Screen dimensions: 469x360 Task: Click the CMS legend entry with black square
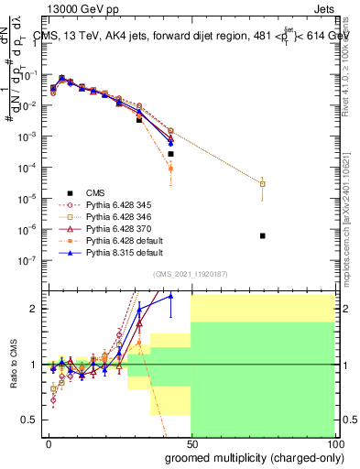95,192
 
